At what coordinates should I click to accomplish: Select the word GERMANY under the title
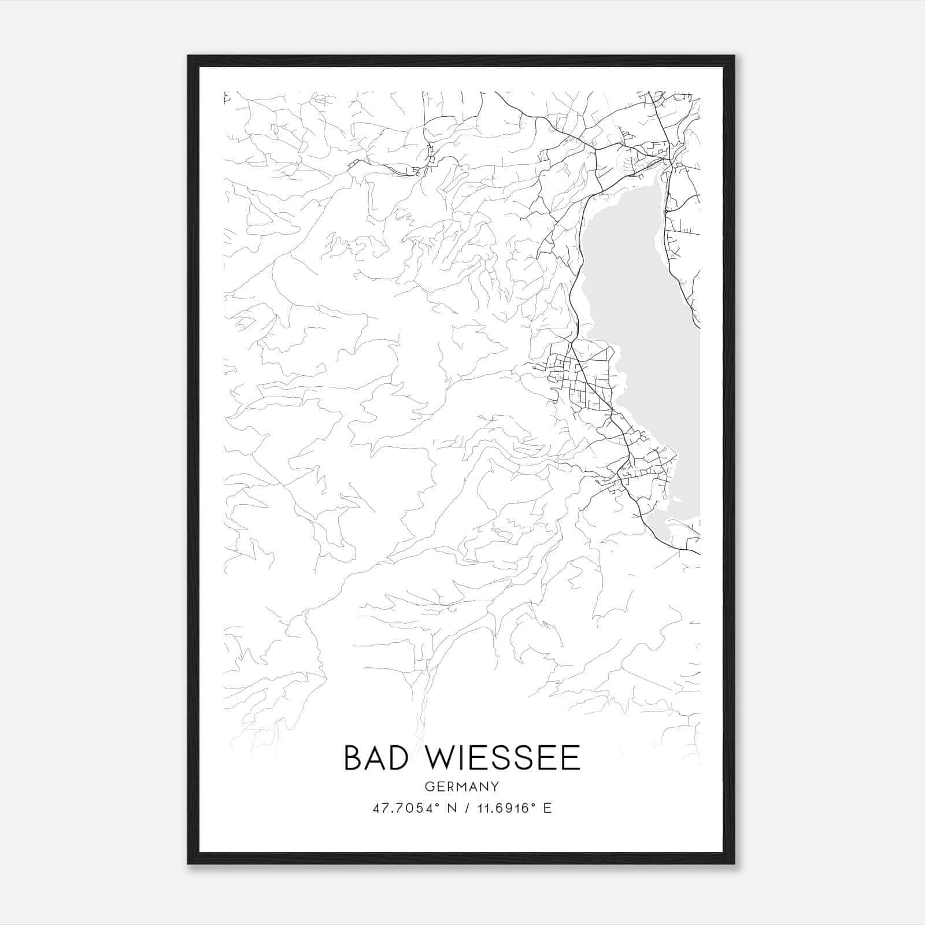[x=461, y=787]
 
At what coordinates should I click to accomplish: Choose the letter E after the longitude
[x=547, y=808]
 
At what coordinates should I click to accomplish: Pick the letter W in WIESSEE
[x=444, y=758]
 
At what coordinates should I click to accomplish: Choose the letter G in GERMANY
[x=428, y=787]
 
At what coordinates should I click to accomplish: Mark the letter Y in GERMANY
[x=495, y=787]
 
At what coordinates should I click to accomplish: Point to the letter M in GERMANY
[x=461, y=787]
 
